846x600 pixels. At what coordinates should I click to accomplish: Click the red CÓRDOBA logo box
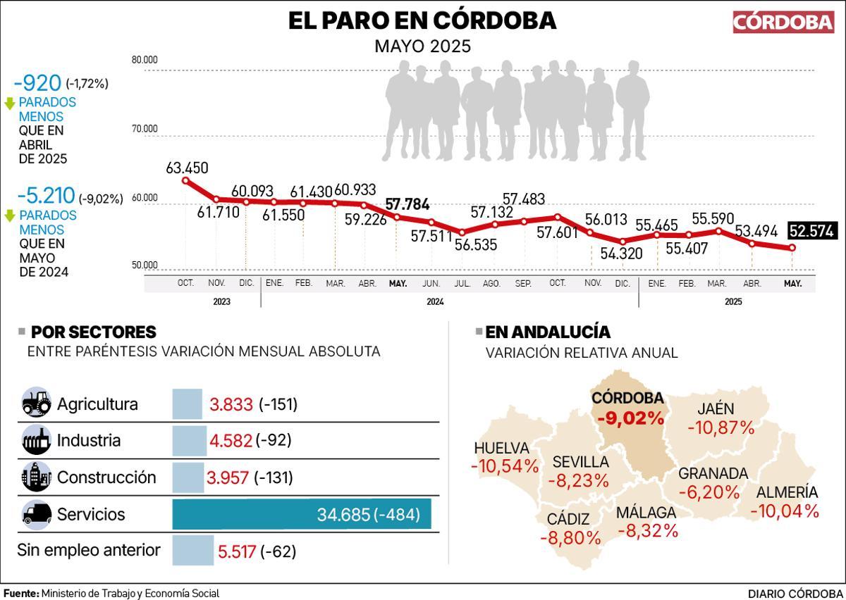coord(783,22)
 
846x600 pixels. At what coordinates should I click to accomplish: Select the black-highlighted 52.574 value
coord(811,231)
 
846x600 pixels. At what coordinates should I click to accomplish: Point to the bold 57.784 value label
coord(407,205)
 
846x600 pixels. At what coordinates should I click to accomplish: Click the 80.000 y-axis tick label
coord(145,60)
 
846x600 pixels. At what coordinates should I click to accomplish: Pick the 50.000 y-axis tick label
coord(145,265)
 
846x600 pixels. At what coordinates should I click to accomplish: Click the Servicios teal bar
coord(302,514)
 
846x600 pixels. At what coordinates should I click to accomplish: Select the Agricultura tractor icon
coord(36,404)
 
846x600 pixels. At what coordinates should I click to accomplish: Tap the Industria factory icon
coord(36,440)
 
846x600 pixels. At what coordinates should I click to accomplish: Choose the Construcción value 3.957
coord(228,478)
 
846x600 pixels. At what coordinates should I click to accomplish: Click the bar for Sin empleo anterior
coord(192,551)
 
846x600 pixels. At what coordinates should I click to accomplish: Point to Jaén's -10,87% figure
coord(721,427)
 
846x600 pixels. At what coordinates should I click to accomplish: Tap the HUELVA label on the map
coord(501,448)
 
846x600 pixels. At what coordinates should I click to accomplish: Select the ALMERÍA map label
coord(787,492)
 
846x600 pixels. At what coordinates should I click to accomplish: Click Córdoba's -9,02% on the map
coord(630,418)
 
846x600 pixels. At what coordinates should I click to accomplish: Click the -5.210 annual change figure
coord(41,197)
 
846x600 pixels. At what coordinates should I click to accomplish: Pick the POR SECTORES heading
coord(94,332)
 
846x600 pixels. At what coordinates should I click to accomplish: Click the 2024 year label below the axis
coord(434,301)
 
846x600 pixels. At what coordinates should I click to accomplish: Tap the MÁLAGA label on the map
coord(646,512)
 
